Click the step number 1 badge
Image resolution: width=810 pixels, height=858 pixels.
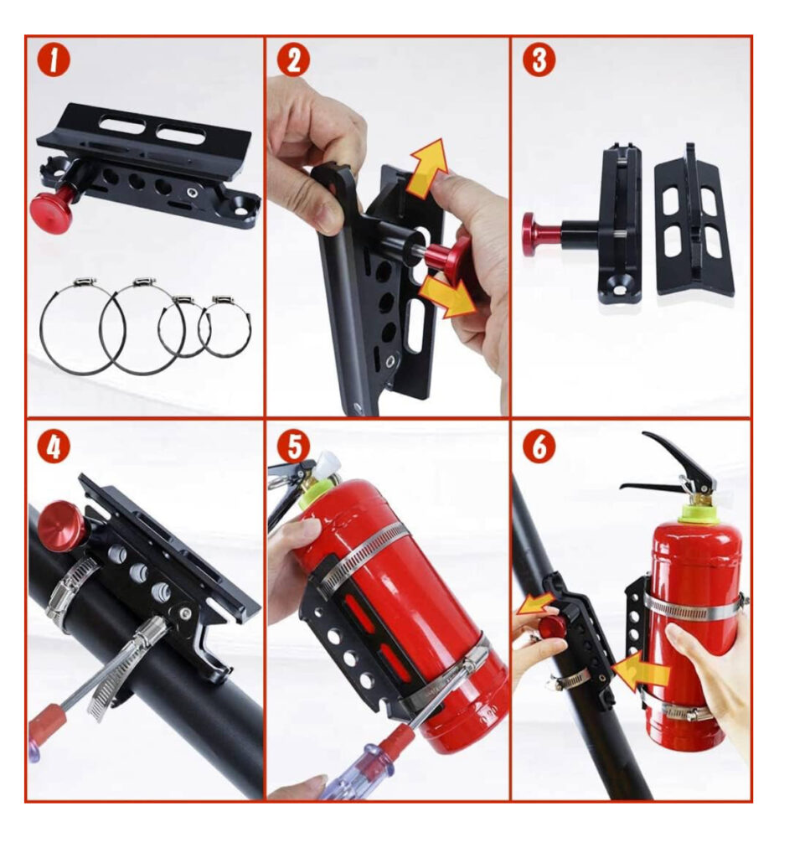[x=53, y=60]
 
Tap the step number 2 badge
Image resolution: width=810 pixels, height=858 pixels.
[x=293, y=60]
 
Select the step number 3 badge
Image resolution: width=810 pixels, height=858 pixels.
[x=539, y=59]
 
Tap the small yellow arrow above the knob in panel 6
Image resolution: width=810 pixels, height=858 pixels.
[x=537, y=603]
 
